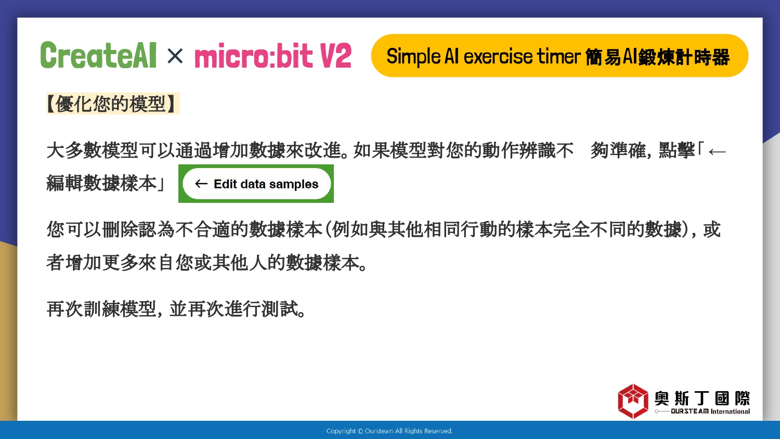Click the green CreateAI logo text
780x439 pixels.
click(x=99, y=55)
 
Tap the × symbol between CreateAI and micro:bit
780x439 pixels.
click(x=175, y=56)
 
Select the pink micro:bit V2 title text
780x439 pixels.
click(x=272, y=56)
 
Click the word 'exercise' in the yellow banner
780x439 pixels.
click(x=498, y=57)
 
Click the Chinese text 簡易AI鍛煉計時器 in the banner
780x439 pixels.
click(x=657, y=57)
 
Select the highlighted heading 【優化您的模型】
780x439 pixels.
click(x=113, y=104)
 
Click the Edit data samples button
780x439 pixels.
click(x=256, y=184)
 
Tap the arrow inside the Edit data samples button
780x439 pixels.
click(x=201, y=184)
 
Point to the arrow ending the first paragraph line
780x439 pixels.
click(x=717, y=152)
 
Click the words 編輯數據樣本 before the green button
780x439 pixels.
click(x=101, y=183)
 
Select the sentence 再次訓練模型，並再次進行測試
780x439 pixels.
click(x=176, y=308)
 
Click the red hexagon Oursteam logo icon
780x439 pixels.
click(x=633, y=401)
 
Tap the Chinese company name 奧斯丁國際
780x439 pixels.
click(x=702, y=398)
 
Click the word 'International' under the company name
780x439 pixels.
click(x=730, y=411)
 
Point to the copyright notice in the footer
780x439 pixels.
click(x=389, y=431)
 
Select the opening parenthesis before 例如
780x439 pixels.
click(x=328, y=229)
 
